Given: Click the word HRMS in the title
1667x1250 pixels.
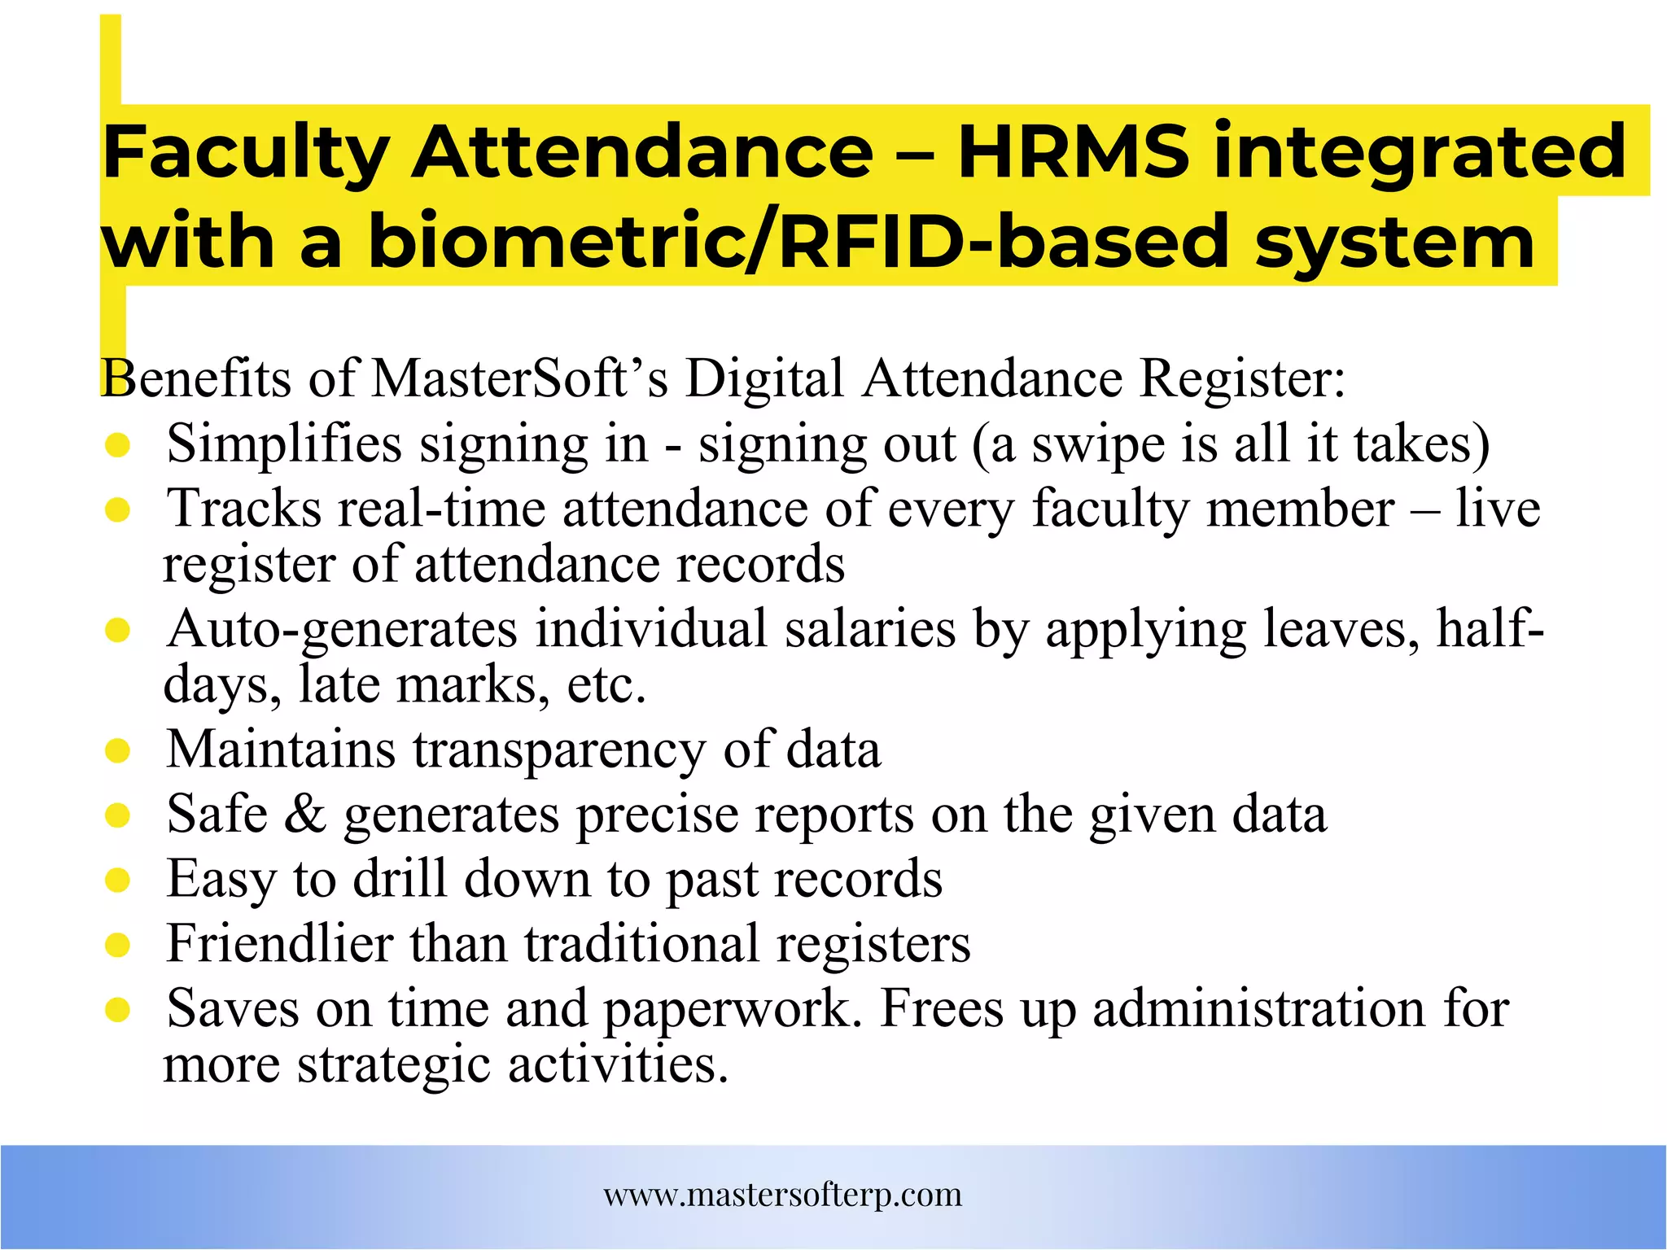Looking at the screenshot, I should (1073, 151).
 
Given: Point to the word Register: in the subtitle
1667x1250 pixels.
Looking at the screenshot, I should (1242, 379).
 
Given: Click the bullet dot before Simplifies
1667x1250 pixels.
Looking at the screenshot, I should (118, 445).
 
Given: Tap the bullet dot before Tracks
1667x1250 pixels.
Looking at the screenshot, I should (118, 510).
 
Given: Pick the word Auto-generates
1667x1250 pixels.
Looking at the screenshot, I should (342, 630).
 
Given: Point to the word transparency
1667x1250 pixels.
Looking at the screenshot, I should (559, 750).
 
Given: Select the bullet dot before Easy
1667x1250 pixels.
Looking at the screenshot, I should (118, 880).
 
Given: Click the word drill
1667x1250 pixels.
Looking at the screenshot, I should (400, 879).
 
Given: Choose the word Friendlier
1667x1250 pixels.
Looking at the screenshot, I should (279, 944).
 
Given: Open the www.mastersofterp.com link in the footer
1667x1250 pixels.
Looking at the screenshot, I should (783, 1195).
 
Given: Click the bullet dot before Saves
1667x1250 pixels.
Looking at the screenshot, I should (118, 1010).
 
